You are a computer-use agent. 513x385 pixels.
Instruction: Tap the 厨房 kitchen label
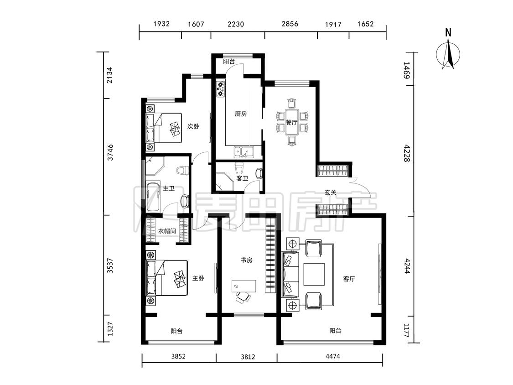pyautogui.click(x=241, y=114)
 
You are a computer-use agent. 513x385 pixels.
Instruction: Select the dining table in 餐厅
pyautogui.click(x=291, y=122)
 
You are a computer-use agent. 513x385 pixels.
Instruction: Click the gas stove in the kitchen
pyautogui.click(x=221, y=88)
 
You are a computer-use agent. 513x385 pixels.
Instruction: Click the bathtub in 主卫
pyautogui.click(x=153, y=197)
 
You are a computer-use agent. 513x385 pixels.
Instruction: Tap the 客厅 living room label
pyautogui.click(x=349, y=279)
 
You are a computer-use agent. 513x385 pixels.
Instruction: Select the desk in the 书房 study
pyautogui.click(x=244, y=286)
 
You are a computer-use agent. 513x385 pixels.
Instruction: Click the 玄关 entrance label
pyautogui.click(x=331, y=192)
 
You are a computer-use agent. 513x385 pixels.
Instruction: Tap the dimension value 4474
pyautogui.click(x=333, y=356)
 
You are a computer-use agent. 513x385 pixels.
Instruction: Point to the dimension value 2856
pyautogui.click(x=290, y=24)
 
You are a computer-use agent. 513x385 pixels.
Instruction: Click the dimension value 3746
pyautogui.click(x=111, y=152)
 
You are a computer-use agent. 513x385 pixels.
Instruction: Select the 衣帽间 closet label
pyautogui.click(x=167, y=231)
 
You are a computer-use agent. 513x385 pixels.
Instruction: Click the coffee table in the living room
pyautogui.click(x=314, y=274)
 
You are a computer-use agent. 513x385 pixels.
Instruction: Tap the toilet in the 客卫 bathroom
pyautogui.click(x=239, y=169)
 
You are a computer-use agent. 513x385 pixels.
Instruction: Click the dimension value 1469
pyautogui.click(x=406, y=70)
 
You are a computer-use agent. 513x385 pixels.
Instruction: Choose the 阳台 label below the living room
pyautogui.click(x=335, y=331)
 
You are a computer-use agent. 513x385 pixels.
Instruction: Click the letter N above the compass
pyautogui.click(x=448, y=32)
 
